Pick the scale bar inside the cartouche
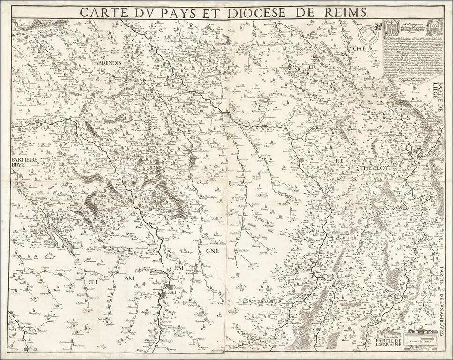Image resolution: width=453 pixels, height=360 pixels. pyautogui.click(x=419, y=336)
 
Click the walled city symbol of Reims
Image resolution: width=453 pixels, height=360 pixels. pyautogui.click(x=192, y=160)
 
